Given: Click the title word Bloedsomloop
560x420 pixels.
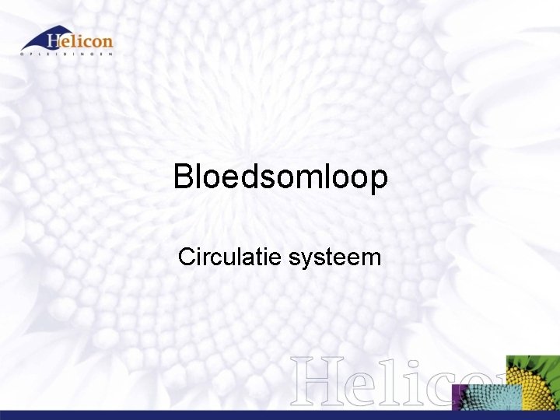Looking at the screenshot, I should pyautogui.click(x=281, y=178).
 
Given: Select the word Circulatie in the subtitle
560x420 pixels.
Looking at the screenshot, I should pyautogui.click(x=230, y=257).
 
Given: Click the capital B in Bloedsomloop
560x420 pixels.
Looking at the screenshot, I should pyautogui.click(x=184, y=177).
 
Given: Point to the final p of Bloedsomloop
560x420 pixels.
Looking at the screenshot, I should pyautogui.click(x=378, y=181).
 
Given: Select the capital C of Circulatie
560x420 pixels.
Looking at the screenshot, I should pyautogui.click(x=187, y=257).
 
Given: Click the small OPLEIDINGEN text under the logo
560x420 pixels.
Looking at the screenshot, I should pyautogui.click(x=67, y=54).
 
